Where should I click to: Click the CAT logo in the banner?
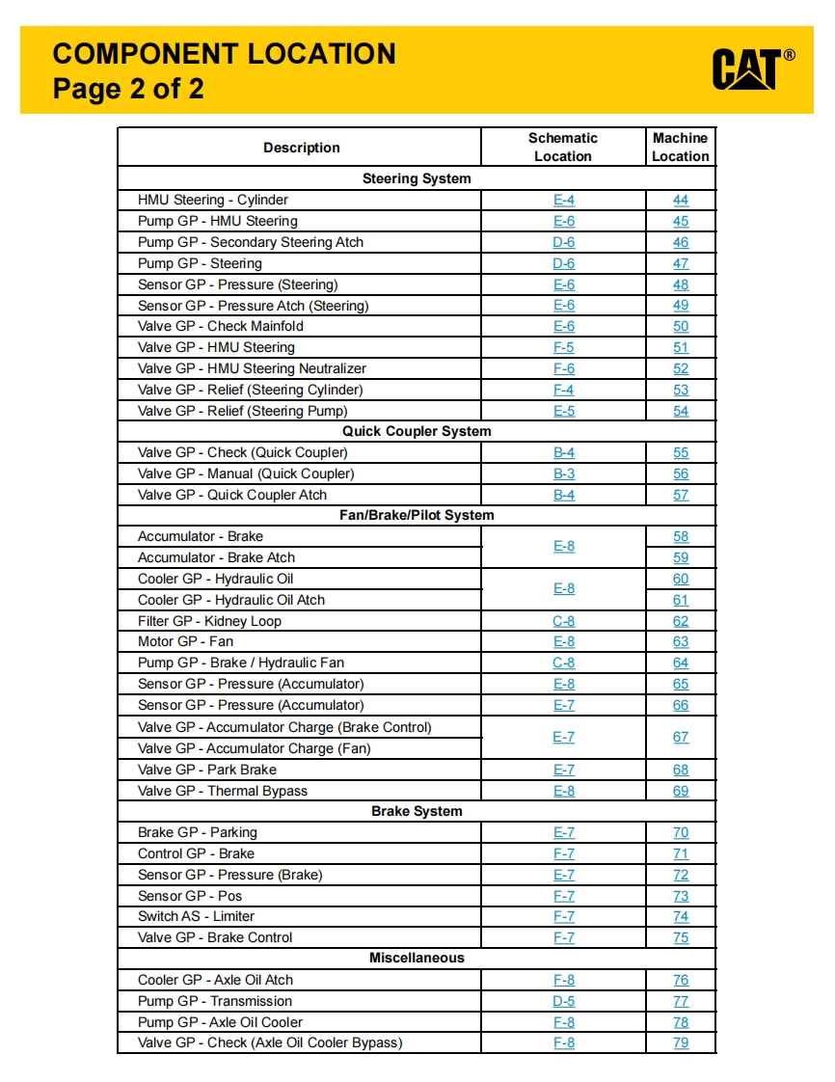tap(752, 69)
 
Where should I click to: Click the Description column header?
tap(301, 148)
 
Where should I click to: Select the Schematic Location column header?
tap(563, 148)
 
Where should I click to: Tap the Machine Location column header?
tap(680, 148)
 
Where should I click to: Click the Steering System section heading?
tap(417, 178)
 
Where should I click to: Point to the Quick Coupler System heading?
tap(417, 431)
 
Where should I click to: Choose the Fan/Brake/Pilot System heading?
tap(417, 515)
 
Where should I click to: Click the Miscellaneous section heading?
tap(417, 958)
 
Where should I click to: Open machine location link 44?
tap(681, 200)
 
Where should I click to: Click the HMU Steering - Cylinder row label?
tap(213, 200)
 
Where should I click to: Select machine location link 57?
tap(681, 495)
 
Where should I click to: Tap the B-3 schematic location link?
tap(564, 473)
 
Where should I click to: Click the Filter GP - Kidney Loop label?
tap(209, 621)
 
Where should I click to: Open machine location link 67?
tap(681, 737)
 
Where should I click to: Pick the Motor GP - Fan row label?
tap(185, 641)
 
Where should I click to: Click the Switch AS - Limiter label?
tap(196, 916)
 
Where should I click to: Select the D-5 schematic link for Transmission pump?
tap(564, 1001)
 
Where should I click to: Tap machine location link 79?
tap(681, 1042)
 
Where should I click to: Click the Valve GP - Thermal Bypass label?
tap(223, 791)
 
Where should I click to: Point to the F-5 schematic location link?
tap(564, 347)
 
